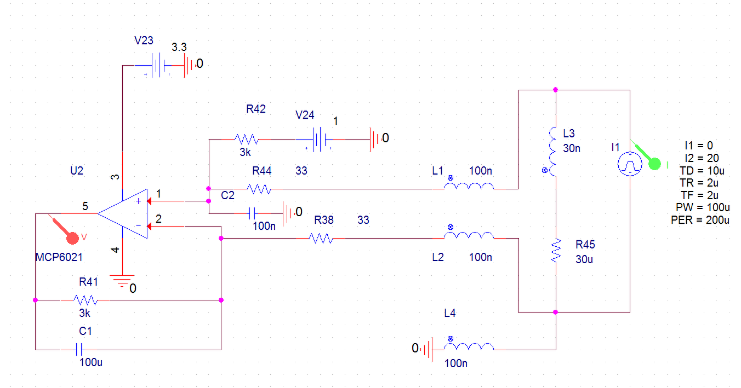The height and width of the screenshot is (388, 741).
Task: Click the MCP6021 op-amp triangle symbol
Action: [123, 213]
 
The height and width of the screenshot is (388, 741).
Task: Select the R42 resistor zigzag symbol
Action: [247, 140]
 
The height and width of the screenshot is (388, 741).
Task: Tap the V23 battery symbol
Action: [158, 65]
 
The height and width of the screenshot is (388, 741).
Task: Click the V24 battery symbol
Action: [319, 140]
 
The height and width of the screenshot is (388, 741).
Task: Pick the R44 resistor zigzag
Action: [259, 189]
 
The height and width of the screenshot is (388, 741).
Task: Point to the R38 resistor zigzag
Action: [321, 238]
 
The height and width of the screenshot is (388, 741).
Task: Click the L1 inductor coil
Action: [469, 186]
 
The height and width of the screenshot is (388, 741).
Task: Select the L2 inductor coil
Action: [469, 235]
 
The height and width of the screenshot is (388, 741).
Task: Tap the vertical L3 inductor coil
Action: [552, 152]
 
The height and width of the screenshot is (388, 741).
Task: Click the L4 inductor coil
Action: [469, 347]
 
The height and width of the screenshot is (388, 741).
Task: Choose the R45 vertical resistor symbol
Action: [556, 251]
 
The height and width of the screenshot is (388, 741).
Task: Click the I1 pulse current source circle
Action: [630, 164]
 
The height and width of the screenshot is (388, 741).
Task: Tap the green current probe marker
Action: [654, 164]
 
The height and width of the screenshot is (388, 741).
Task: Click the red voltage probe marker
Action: [72, 238]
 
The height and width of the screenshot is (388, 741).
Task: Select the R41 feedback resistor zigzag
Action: [86, 300]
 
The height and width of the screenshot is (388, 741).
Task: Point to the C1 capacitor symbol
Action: [79, 349]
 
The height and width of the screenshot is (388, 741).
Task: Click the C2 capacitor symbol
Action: [252, 213]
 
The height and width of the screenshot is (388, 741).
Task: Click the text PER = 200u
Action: [700, 220]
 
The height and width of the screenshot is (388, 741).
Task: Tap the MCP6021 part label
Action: [59, 257]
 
